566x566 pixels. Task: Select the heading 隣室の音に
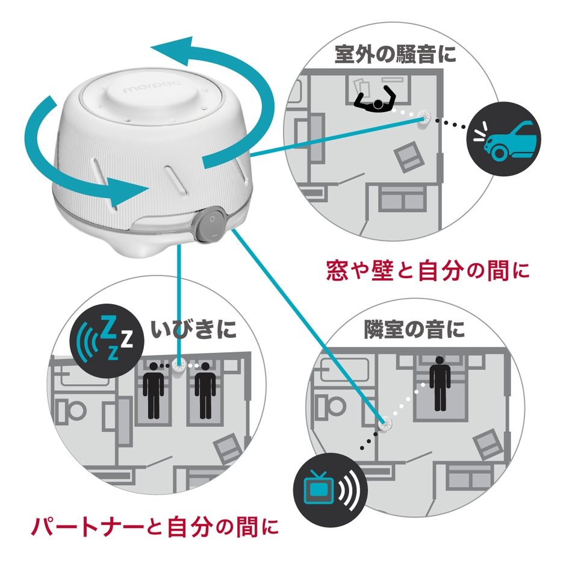[x=406, y=329]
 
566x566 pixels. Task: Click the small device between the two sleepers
[x=179, y=365]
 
